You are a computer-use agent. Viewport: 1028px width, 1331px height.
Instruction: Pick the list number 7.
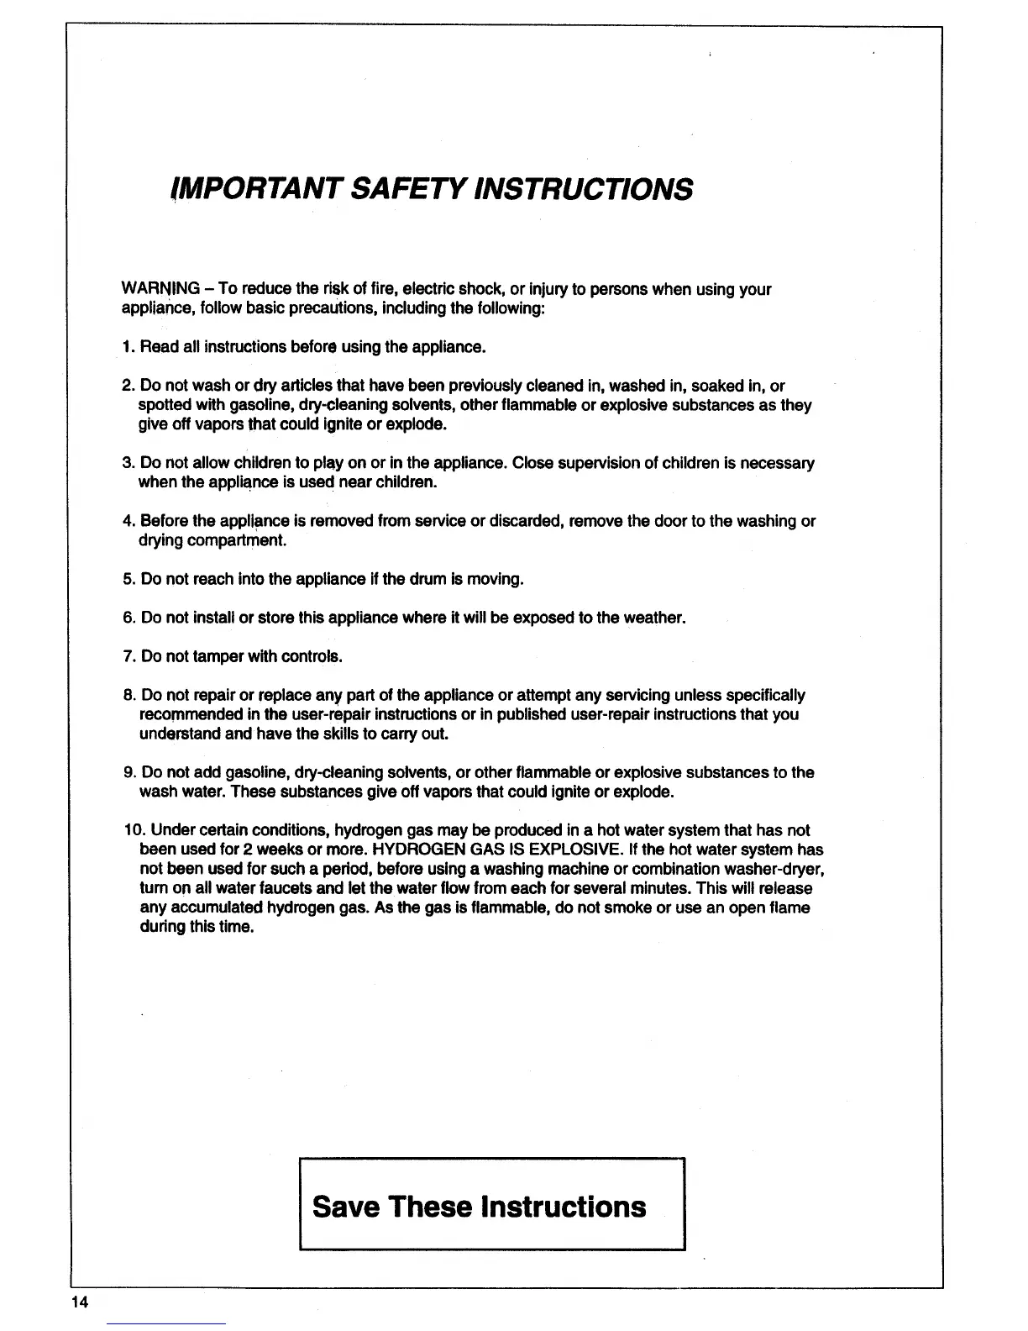coord(128,656)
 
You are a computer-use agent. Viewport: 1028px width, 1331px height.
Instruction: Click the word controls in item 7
coord(314,656)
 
